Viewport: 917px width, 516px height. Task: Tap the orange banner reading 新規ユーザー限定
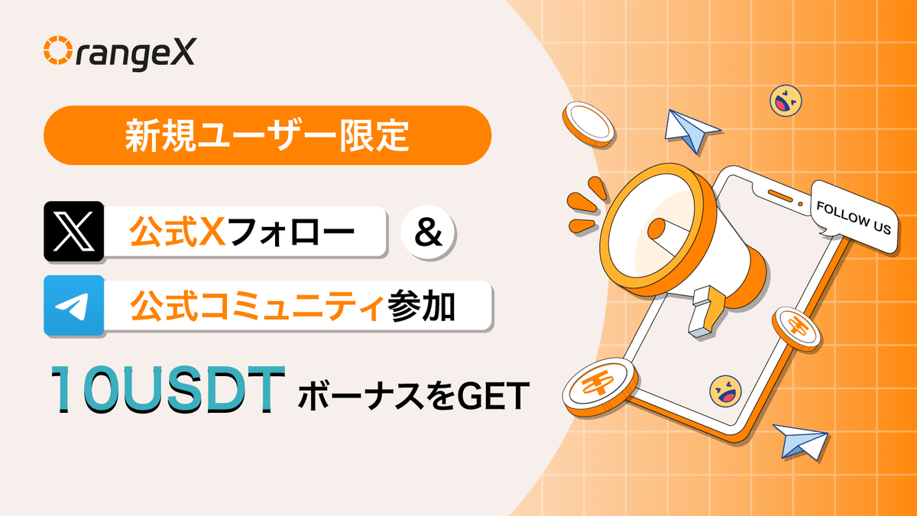(267, 135)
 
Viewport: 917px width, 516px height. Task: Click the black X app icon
(74, 229)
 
